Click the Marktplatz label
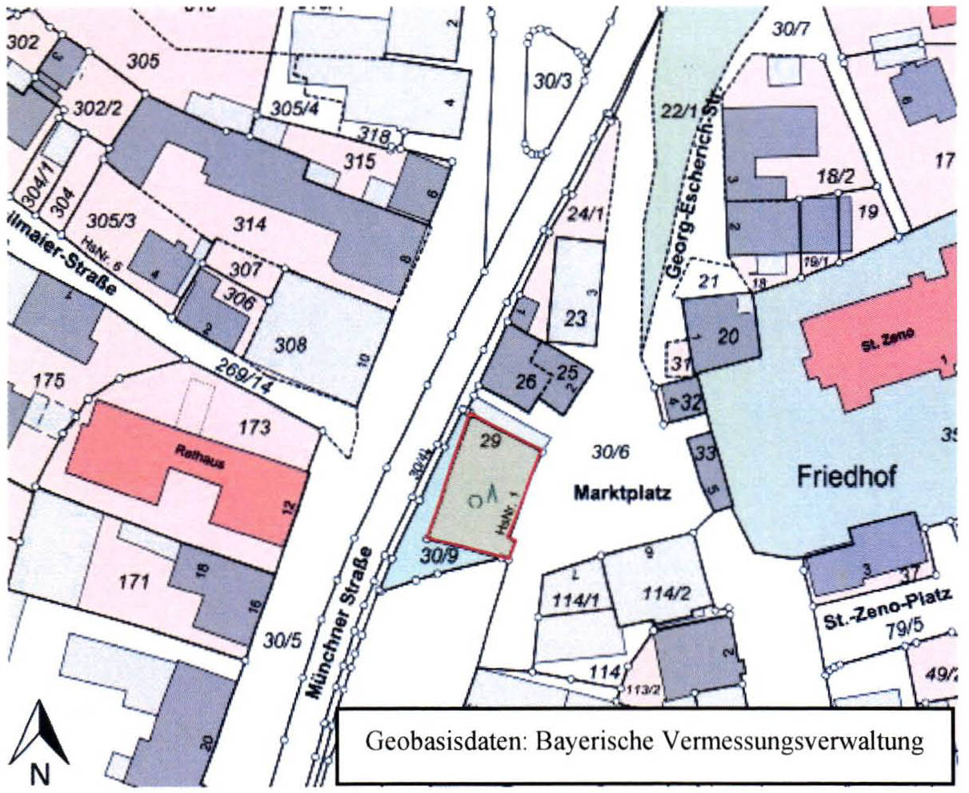coord(623,493)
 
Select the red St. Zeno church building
coord(880,336)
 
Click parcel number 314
coord(250,225)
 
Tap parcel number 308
coord(290,345)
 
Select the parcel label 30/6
coord(611,453)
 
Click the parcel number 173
coord(254,427)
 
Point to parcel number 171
coord(133,581)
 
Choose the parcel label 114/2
coord(665,593)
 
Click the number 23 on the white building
coord(575,318)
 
